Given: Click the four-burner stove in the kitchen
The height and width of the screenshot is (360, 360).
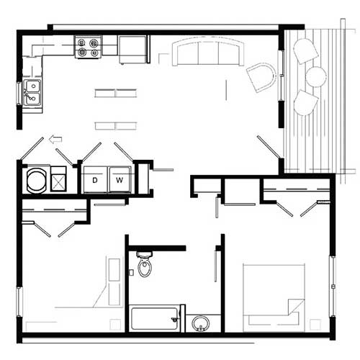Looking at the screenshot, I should (x=88, y=48).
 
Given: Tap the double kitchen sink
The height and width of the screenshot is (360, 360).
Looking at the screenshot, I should (x=32, y=92).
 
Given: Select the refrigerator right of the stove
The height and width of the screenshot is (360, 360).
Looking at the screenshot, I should (x=132, y=49).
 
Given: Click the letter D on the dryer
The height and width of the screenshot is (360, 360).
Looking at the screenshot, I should (x=94, y=179).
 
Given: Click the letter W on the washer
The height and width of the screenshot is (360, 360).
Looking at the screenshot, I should (x=120, y=179).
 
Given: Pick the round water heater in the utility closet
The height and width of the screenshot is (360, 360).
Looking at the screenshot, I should (x=36, y=180).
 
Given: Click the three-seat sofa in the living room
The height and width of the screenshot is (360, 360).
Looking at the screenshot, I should (x=207, y=53).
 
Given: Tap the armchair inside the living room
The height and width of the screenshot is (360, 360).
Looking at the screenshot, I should (x=262, y=77).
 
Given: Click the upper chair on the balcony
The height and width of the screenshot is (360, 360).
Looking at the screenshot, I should (x=305, y=50).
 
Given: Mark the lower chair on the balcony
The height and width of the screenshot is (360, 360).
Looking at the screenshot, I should (x=306, y=102).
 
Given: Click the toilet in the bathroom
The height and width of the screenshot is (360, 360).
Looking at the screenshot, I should (x=145, y=266).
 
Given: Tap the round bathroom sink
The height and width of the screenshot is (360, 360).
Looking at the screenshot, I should (x=201, y=323).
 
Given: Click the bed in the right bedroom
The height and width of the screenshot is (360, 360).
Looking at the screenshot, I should (x=274, y=297).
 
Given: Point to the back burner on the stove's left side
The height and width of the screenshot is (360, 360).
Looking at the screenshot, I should (x=82, y=42).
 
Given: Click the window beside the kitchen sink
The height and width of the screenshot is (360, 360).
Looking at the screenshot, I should (x=19, y=93).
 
